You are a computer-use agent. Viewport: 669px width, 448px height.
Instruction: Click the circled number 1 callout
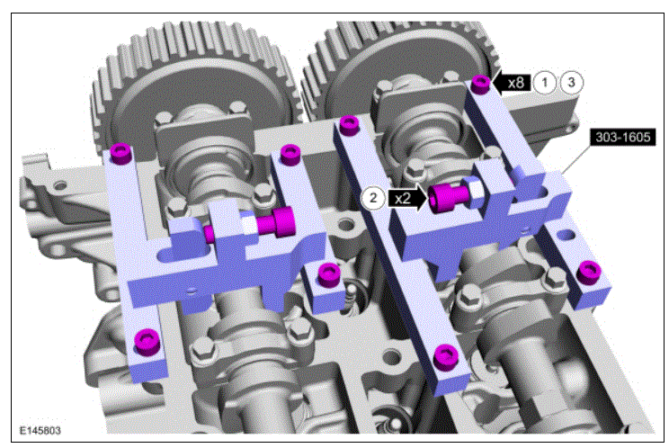(545, 82)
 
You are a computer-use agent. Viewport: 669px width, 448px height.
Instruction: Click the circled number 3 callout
(571, 82)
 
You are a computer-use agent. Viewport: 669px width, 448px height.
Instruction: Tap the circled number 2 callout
(373, 198)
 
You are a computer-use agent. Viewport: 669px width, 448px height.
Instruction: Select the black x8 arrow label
(511, 82)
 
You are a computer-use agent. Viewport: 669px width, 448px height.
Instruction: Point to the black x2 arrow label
(407, 199)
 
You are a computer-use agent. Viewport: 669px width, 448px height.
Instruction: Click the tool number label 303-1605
(623, 137)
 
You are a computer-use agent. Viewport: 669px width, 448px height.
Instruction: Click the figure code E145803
(40, 430)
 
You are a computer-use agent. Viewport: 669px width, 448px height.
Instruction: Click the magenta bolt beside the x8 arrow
(481, 84)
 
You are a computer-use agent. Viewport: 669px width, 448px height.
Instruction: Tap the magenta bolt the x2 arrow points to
(448, 198)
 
